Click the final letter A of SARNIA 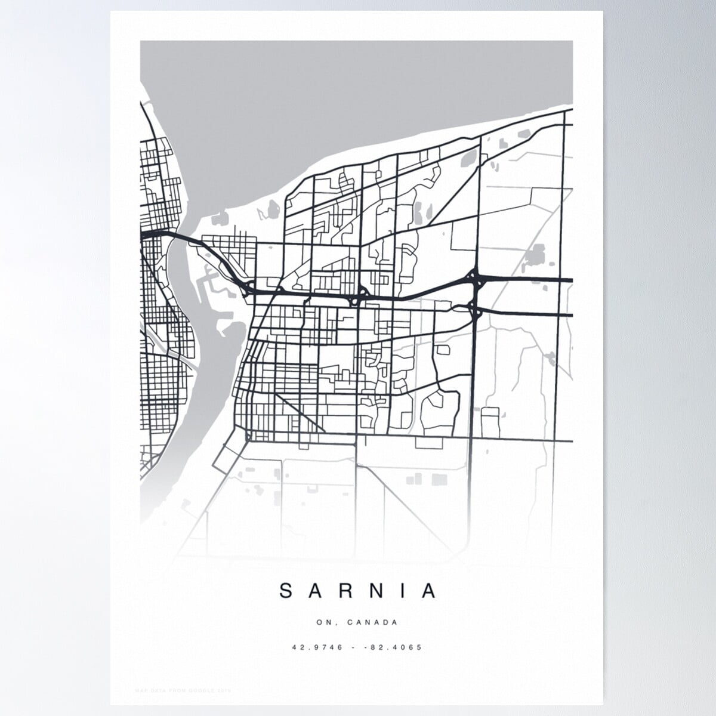pos(430,591)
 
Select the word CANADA pos(374,622)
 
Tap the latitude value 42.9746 pos(317,647)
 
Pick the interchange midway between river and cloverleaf pos(359,294)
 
